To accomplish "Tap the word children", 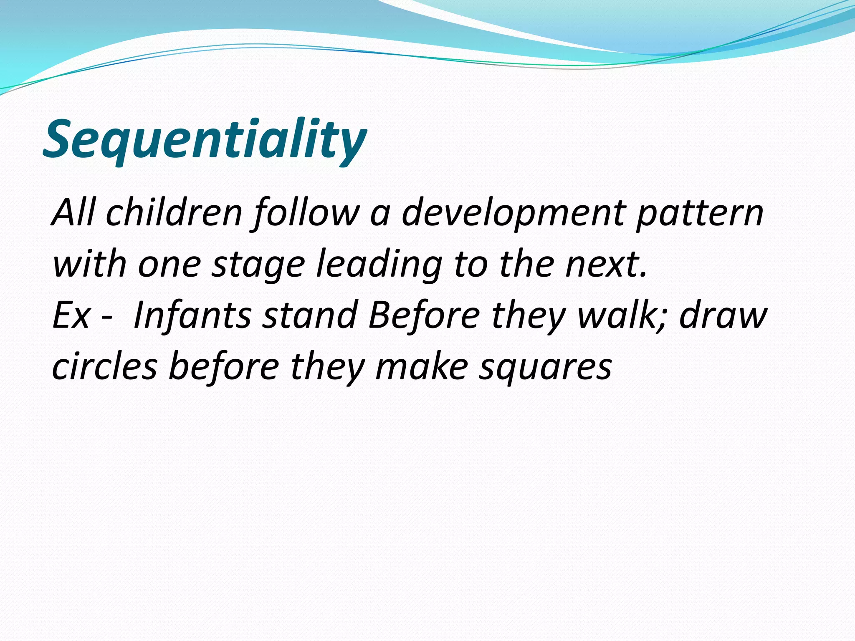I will (x=174, y=213).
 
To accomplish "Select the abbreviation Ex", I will (x=71, y=315).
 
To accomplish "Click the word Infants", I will (x=192, y=315).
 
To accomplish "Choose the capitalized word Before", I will (x=423, y=315).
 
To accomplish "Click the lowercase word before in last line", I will (x=224, y=366).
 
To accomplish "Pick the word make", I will (x=422, y=366).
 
